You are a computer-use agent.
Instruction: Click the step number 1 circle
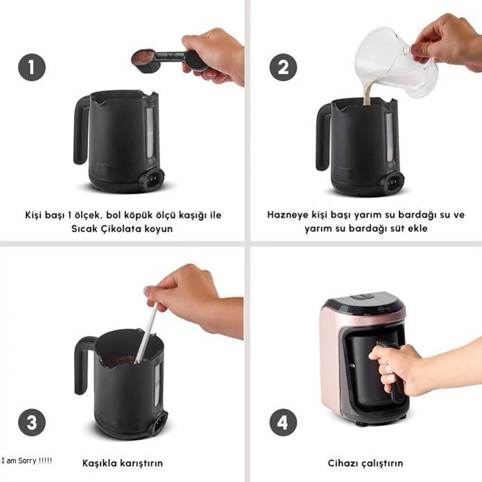pos(32,67)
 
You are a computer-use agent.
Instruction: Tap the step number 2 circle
pos(283,67)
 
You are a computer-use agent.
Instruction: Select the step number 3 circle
pos(32,422)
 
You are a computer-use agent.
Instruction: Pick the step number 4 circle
pos(283,422)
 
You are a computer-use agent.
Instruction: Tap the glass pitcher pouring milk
pos(397,62)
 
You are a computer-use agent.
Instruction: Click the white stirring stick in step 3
pos(147,334)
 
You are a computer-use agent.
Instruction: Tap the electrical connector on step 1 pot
pos(152,179)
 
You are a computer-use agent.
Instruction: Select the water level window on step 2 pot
pos(389,137)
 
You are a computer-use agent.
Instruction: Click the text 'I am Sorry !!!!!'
pos(27,461)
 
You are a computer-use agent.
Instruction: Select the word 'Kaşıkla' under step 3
pos(100,463)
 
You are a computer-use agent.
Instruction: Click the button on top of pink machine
pos(363,297)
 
